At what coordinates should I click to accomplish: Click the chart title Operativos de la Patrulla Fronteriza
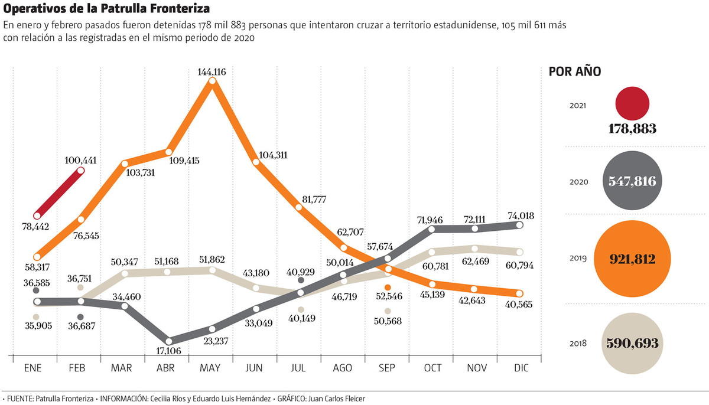click(x=106, y=10)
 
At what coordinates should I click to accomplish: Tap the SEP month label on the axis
click(x=387, y=367)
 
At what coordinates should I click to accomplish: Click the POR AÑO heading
click(x=575, y=72)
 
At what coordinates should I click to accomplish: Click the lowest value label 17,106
click(x=168, y=351)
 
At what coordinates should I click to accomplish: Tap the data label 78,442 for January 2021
click(x=37, y=226)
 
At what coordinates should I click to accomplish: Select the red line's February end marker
click(x=80, y=171)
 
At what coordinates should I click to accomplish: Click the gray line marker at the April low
click(x=168, y=341)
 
